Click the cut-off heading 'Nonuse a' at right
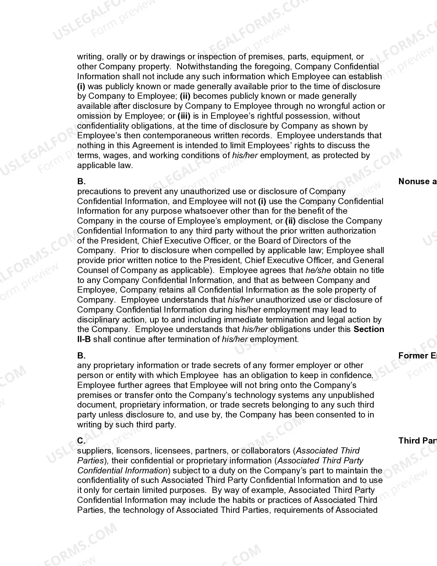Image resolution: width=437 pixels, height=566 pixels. [x=417, y=181]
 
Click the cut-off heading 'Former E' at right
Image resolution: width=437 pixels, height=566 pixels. [x=417, y=356]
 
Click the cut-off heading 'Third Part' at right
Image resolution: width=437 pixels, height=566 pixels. [x=417, y=441]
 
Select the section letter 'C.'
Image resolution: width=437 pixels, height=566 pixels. [x=81, y=441]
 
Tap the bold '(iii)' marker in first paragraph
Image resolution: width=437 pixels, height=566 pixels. [x=184, y=116]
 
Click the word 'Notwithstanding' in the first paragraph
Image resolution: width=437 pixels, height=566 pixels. [x=205, y=67]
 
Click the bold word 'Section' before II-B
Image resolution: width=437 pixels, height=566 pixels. [x=368, y=329]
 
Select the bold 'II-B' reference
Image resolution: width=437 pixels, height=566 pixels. [x=84, y=339]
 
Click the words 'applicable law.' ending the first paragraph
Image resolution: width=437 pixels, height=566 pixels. [x=105, y=165]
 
